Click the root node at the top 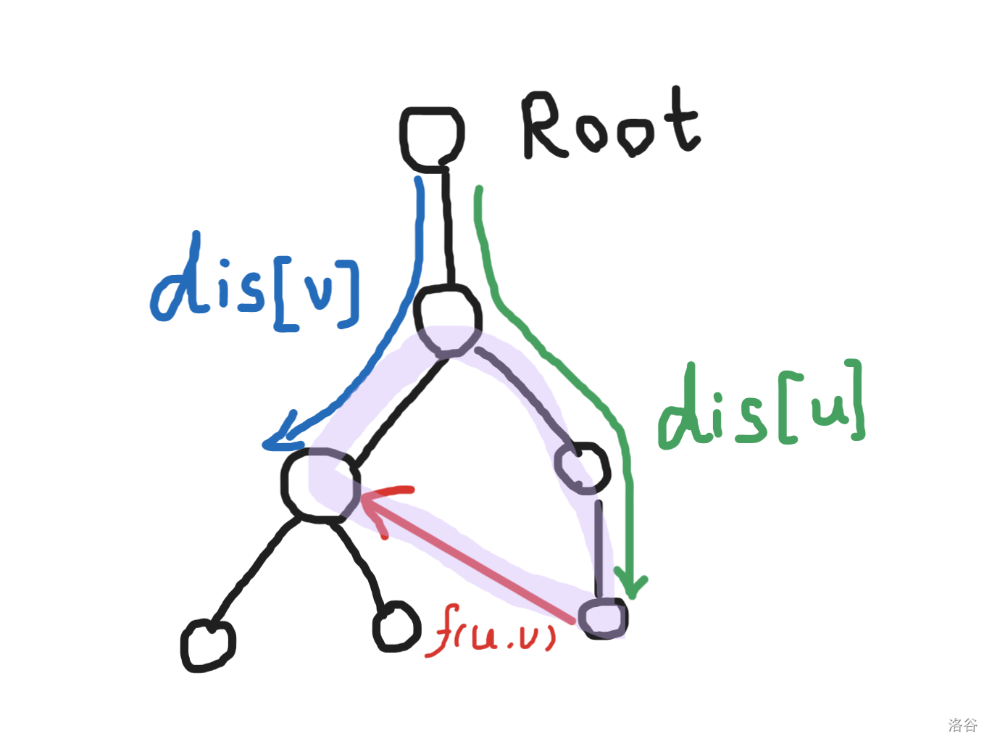[432, 138]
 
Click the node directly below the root [447, 320]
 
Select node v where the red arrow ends [320, 484]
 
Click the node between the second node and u [582, 467]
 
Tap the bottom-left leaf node [208, 644]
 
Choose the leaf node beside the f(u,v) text [396, 626]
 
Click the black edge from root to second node [447, 228]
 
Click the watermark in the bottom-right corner [962, 725]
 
